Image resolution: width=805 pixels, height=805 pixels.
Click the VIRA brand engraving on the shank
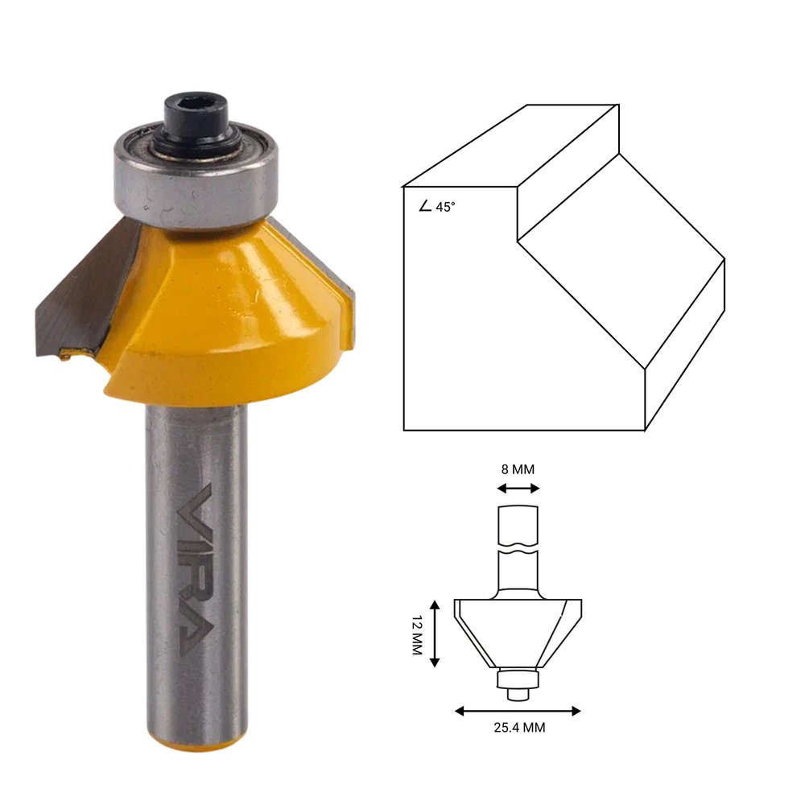[194, 569]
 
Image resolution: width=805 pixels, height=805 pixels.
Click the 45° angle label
[445, 207]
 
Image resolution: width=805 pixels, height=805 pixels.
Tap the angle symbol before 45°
[425, 206]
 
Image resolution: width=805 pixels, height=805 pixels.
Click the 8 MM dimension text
[518, 469]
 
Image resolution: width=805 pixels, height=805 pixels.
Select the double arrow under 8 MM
[518, 489]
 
